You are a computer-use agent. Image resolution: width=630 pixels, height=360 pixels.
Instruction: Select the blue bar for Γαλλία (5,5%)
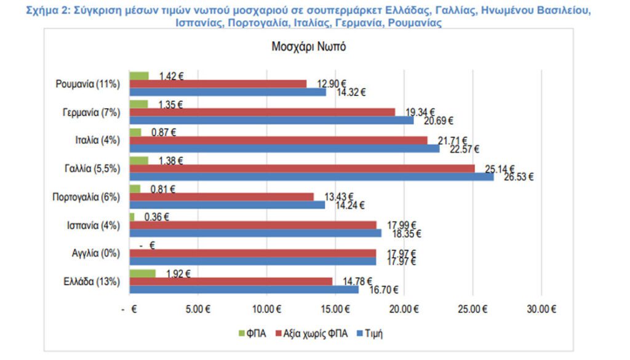point(311,177)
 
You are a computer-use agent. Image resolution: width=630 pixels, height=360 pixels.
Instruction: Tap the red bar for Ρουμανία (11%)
point(218,84)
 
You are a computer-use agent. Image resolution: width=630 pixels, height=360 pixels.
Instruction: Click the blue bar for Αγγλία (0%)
point(252,262)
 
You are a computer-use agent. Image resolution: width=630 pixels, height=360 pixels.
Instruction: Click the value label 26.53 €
point(518,177)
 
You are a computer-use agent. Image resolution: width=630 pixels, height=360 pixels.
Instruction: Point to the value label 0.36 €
point(156,217)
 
